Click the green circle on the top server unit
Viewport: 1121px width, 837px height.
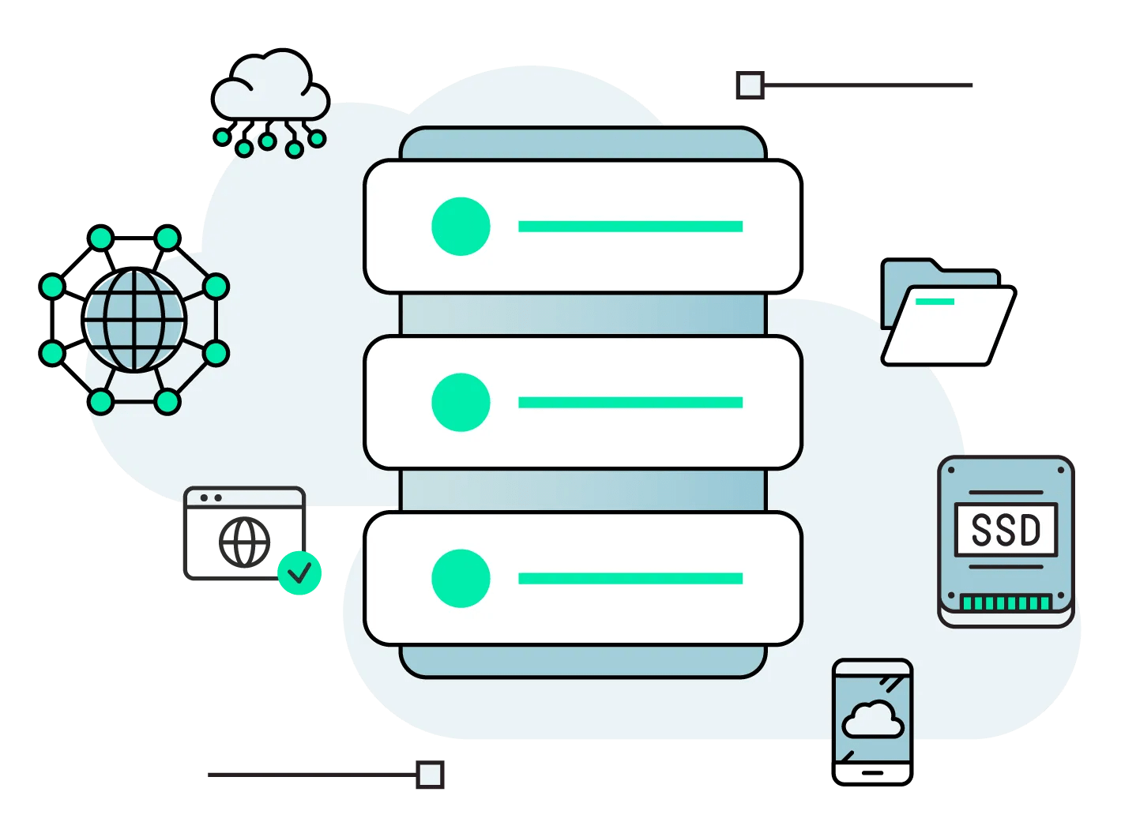point(461,227)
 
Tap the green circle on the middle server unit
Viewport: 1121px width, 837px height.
point(461,403)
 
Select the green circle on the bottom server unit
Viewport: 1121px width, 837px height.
point(461,579)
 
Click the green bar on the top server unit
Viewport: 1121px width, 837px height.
point(630,227)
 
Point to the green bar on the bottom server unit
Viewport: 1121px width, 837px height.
point(630,579)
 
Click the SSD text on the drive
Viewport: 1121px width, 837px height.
point(1006,530)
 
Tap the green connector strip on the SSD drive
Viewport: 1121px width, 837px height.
point(1006,603)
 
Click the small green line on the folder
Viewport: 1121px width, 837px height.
point(935,302)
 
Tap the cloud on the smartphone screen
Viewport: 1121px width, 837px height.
point(872,719)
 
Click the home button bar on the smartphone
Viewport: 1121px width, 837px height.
point(872,772)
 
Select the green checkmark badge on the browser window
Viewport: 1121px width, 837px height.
point(299,572)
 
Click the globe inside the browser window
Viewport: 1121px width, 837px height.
point(244,542)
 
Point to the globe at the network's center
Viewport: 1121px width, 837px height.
point(134,320)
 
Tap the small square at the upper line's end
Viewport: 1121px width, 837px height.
point(750,84)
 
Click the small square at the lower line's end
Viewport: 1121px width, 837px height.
point(430,775)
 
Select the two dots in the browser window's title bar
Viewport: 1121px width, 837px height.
point(211,498)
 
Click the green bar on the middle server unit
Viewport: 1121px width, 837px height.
point(630,403)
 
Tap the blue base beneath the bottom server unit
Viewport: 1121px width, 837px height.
point(583,662)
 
